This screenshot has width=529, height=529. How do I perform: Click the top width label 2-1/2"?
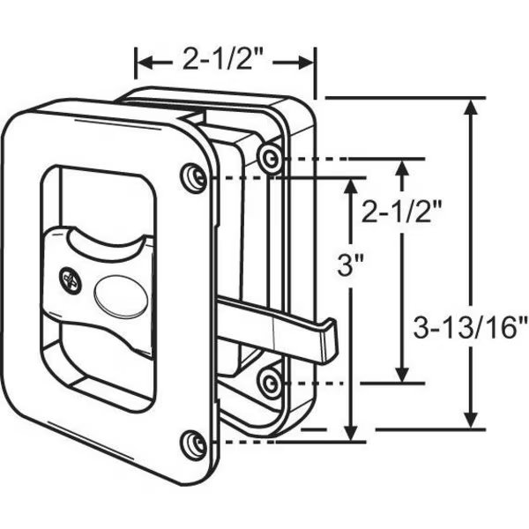(226, 62)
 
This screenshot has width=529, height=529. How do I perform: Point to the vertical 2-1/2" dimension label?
(403, 211)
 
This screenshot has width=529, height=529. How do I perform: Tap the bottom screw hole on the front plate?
(194, 442)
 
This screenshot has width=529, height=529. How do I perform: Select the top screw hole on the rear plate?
(272, 158)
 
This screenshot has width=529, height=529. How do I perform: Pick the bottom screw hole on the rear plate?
(271, 380)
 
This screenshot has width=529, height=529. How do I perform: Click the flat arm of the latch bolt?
(264, 320)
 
